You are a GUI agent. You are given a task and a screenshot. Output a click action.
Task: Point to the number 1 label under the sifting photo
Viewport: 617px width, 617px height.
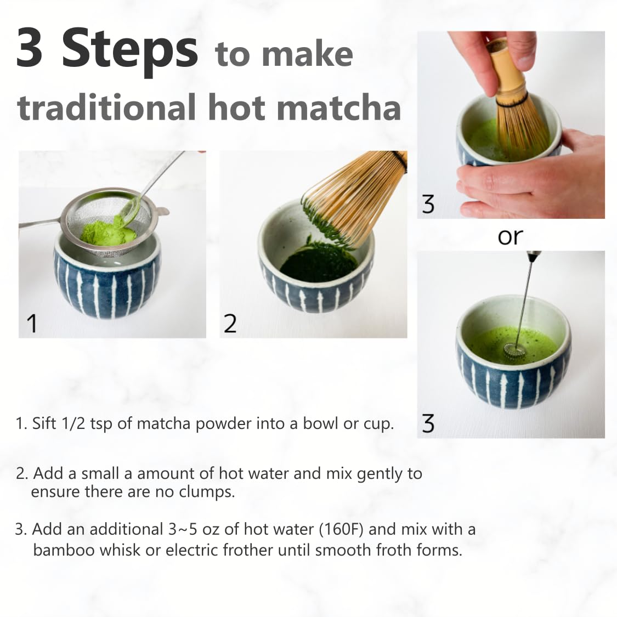(x=32, y=323)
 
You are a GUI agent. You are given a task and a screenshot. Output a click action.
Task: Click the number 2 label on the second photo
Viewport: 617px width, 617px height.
(x=230, y=324)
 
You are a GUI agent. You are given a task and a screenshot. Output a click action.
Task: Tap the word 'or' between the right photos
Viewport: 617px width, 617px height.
(x=510, y=236)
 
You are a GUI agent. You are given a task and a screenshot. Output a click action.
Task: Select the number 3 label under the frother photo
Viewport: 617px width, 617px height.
(x=428, y=423)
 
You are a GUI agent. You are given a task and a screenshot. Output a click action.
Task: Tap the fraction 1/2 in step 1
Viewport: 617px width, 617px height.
(x=73, y=423)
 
